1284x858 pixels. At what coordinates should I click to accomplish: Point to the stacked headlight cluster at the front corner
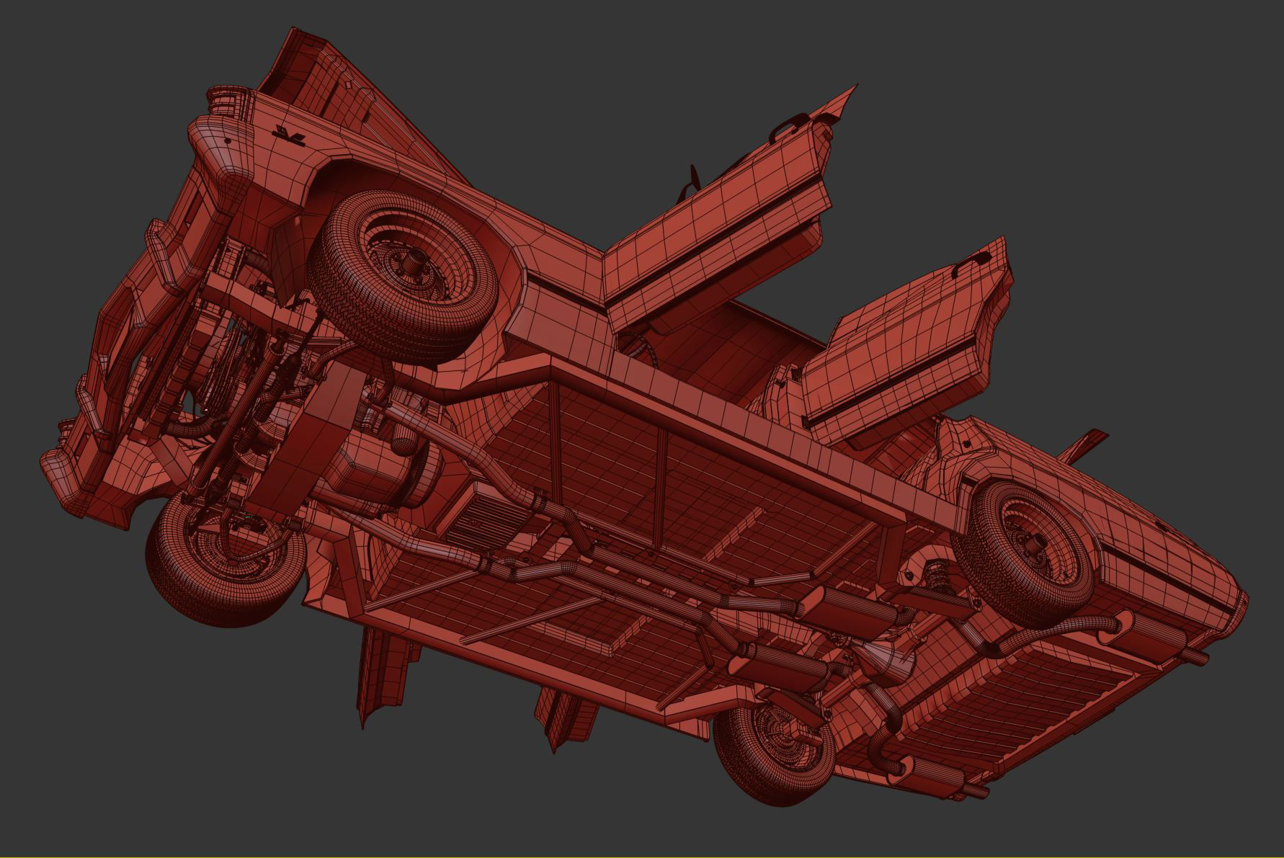coord(220,97)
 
